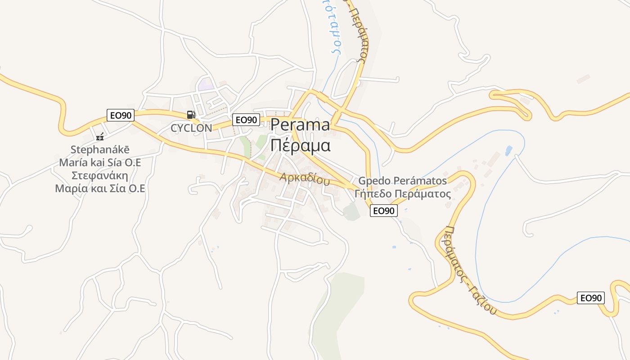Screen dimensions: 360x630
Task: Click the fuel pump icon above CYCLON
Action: pos(191,115)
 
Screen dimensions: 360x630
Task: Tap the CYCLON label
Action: pos(191,128)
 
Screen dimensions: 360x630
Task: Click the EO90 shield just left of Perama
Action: pos(246,120)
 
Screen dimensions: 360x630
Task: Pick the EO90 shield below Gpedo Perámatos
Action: pos(384,211)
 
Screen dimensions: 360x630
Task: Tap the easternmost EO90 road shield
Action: pos(591,298)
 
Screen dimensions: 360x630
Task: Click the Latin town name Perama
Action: pos(300,125)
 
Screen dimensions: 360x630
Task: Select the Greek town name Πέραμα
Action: pos(300,145)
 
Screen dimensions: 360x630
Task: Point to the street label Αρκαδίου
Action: pos(304,179)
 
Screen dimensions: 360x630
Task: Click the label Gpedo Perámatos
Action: pos(402,181)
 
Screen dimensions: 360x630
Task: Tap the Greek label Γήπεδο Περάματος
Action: pos(402,194)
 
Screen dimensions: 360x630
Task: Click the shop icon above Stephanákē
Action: pos(100,137)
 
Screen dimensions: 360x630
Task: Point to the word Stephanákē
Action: pos(100,149)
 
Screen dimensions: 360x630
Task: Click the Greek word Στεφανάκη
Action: pos(100,175)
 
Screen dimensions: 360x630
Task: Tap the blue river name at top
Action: pos(335,27)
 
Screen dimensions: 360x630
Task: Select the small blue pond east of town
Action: pos(508,150)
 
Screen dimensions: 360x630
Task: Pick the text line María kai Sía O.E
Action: pos(100,162)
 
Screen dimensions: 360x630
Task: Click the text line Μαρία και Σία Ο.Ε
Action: pos(100,189)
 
